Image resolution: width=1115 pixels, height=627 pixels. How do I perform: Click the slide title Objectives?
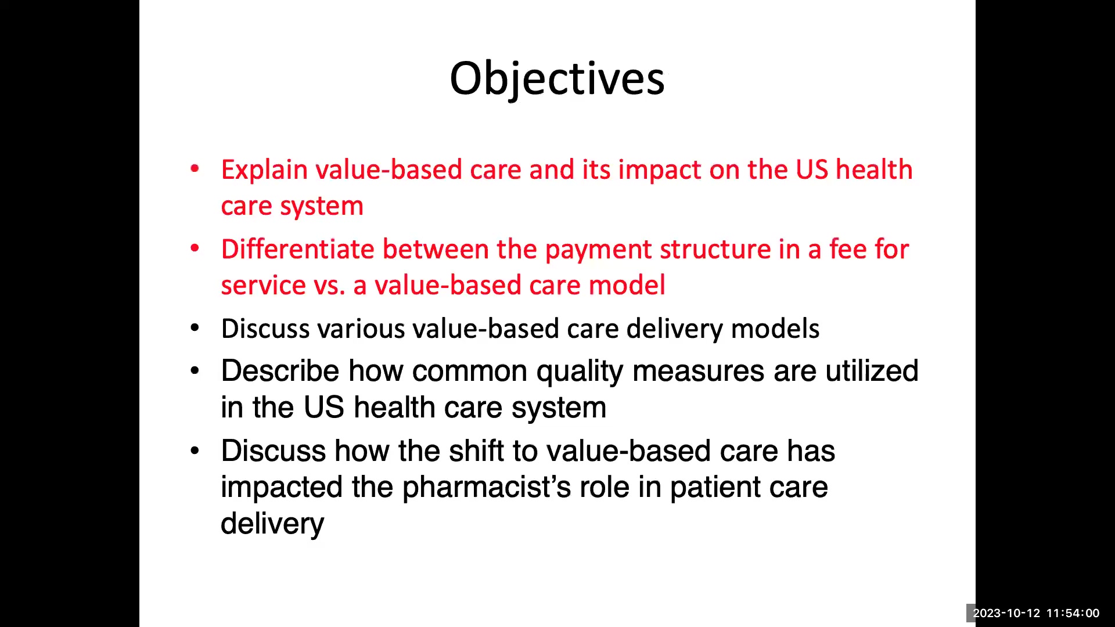557,80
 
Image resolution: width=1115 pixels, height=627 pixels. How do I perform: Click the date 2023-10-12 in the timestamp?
1006,613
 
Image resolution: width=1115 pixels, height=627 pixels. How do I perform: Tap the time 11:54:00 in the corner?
1073,613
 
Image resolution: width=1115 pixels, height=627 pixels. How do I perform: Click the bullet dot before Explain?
195,169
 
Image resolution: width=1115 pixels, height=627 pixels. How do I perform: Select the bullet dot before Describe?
195,370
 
